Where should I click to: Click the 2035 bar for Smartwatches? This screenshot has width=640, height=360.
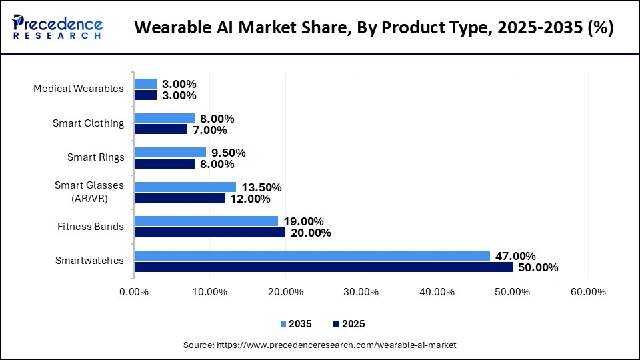pos(312,255)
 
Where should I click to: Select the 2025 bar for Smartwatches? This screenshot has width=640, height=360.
pos(323,267)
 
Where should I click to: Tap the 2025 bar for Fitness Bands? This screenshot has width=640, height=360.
pos(210,232)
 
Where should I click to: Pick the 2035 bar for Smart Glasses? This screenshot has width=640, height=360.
pos(185,187)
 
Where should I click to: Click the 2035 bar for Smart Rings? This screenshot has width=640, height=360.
pos(170,152)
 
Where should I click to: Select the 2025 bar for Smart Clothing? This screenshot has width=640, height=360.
pos(161,129)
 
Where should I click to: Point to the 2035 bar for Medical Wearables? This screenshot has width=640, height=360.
pos(145,83)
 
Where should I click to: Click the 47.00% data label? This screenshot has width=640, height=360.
pos(517,256)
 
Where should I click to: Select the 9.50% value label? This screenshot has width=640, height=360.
pos(227,153)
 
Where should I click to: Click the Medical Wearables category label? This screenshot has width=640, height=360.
pos(79,89)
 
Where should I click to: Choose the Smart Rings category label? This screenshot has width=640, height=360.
pos(95,157)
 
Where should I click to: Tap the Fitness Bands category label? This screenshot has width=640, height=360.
pos(91,227)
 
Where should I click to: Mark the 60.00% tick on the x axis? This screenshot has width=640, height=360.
pos(588,292)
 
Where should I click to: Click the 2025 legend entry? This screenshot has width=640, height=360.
pos(347,324)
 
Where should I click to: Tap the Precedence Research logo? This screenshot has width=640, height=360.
pos(57,27)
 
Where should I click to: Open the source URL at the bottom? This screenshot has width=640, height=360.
pos(320,345)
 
